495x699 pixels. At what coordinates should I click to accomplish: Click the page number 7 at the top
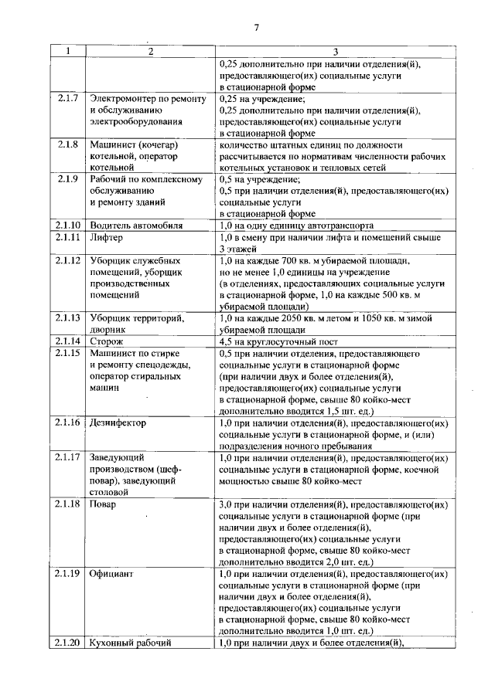coord(255,29)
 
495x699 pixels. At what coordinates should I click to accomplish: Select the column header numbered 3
coord(334,52)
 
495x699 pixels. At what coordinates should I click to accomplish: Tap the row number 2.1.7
coord(68,99)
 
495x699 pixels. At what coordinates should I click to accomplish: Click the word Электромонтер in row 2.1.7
coord(124,99)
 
